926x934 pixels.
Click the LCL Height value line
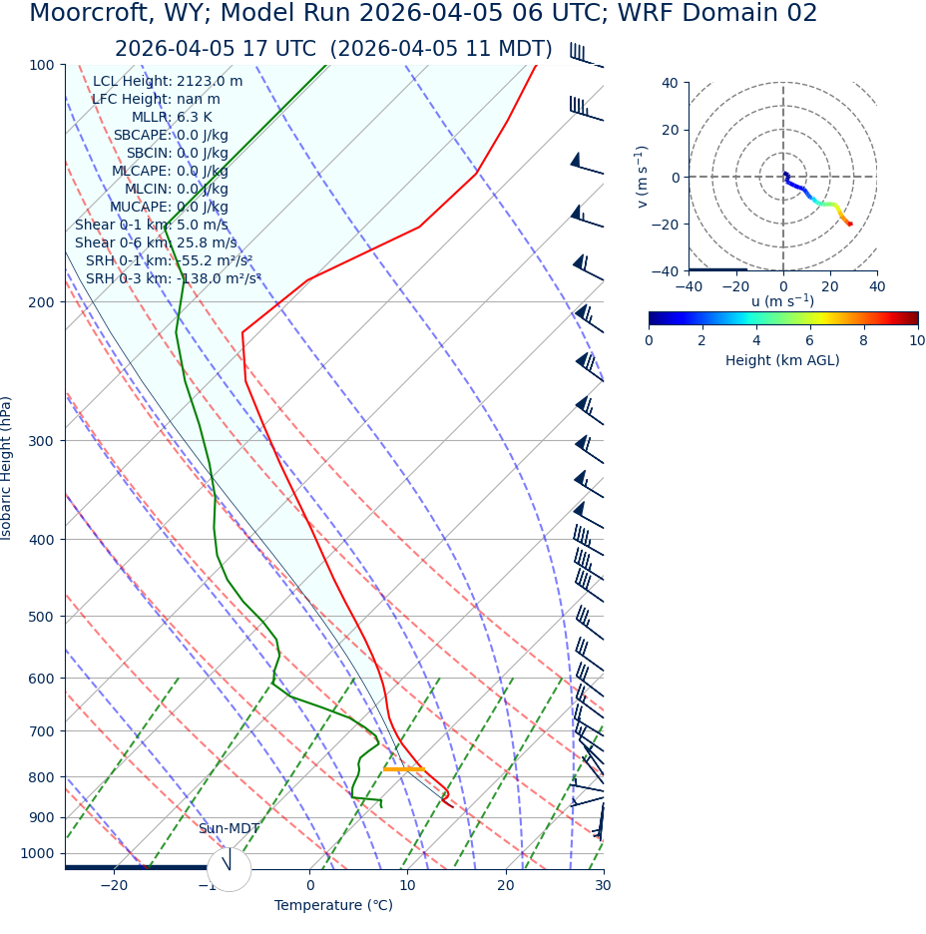pyautogui.click(x=168, y=82)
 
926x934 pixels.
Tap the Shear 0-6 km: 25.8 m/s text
pyautogui.click(x=156, y=243)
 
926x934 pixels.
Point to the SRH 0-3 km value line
pyautogui.click(x=173, y=279)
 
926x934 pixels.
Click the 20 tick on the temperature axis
pyautogui.click(x=505, y=886)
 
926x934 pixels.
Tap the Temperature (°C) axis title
pyautogui.click(x=333, y=906)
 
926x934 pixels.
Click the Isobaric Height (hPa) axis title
pyautogui.click(x=7, y=468)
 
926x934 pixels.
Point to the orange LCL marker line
pyautogui.click(x=403, y=769)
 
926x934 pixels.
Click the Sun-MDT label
pyautogui.click(x=229, y=829)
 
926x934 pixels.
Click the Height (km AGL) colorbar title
pyautogui.click(x=782, y=360)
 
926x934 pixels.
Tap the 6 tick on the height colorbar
pyautogui.click(x=810, y=340)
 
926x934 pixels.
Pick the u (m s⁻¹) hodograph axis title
pyautogui.click(x=782, y=301)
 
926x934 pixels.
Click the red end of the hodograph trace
pyautogui.click(x=849, y=224)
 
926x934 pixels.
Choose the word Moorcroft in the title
pyautogui.click(x=85, y=14)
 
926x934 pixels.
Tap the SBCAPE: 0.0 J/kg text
pyautogui.click(x=171, y=136)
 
